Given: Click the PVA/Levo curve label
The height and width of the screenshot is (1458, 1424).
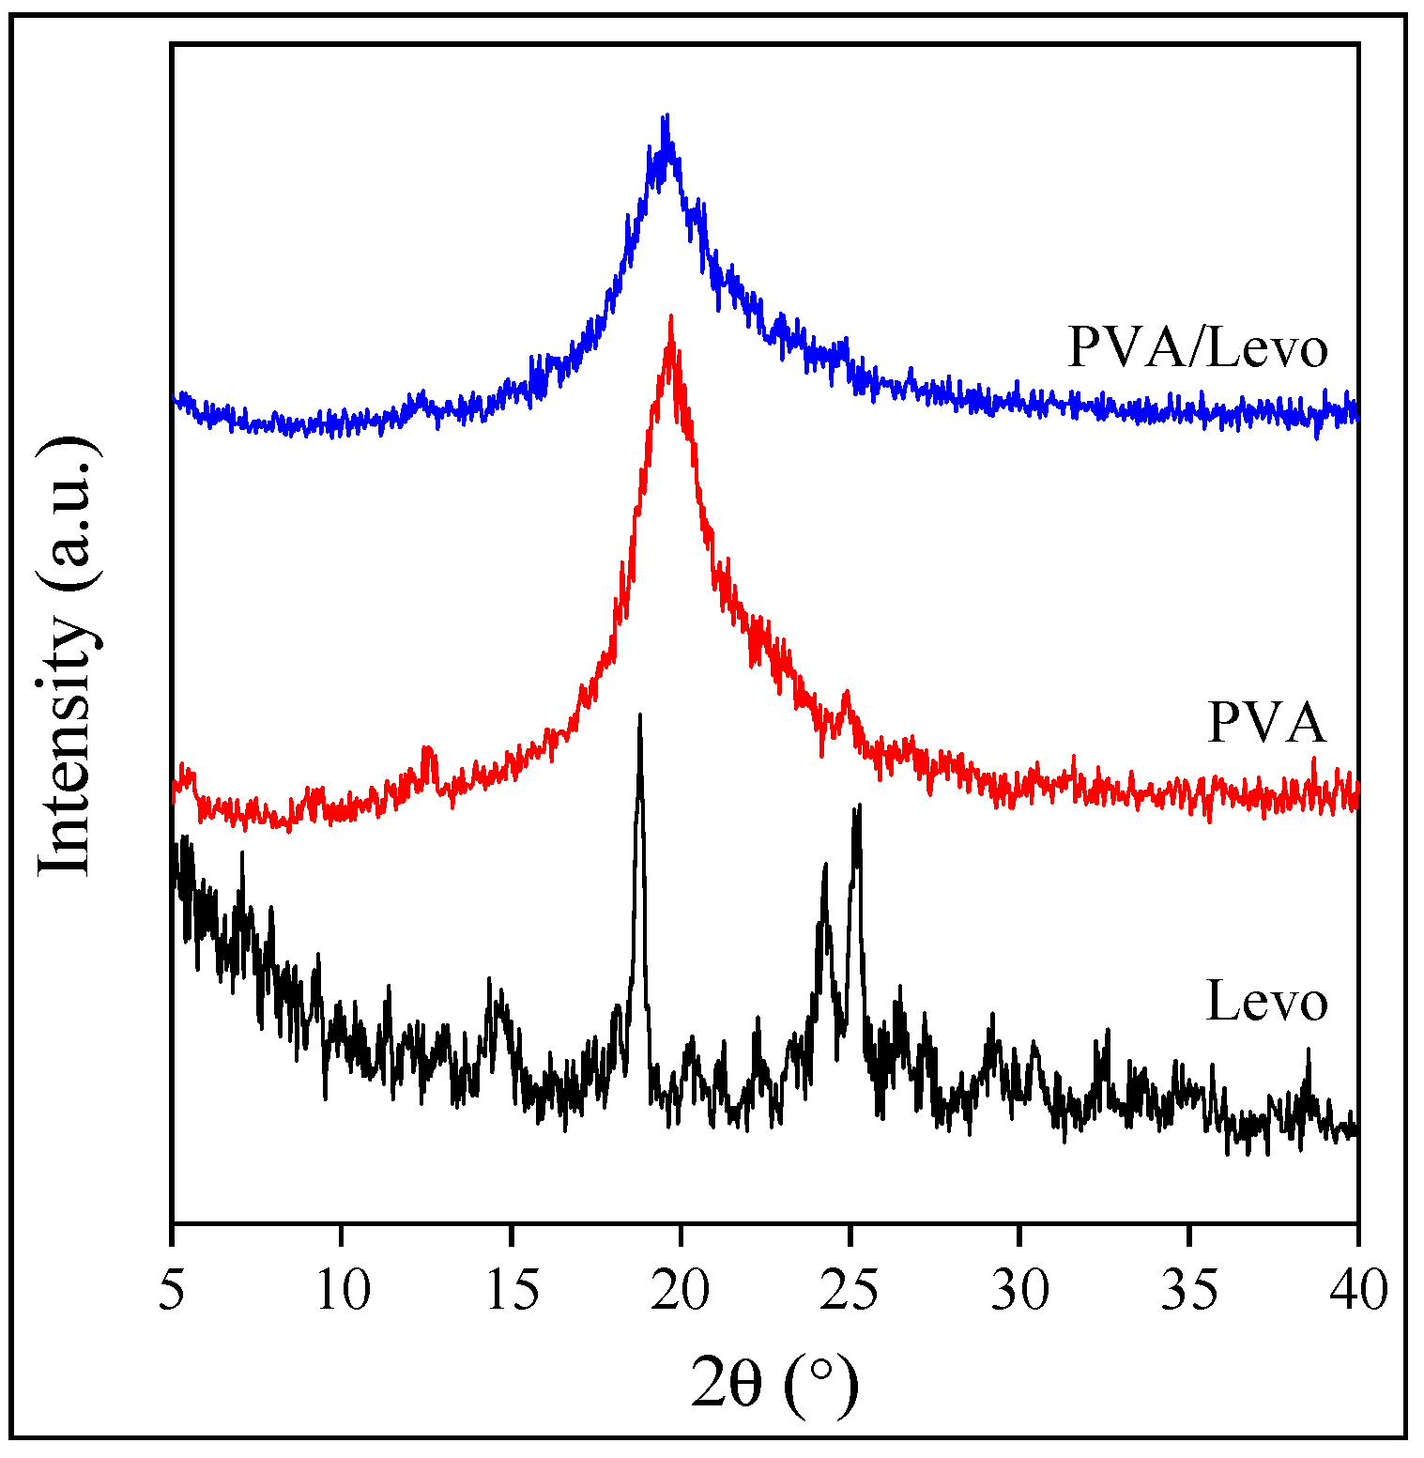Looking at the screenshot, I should [x=1198, y=348].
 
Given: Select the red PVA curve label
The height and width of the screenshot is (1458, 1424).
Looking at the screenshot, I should [x=1266, y=723].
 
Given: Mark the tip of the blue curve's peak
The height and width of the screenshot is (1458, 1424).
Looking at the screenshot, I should [x=666, y=116].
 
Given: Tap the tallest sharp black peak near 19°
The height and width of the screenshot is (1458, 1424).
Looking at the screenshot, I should [x=640, y=715].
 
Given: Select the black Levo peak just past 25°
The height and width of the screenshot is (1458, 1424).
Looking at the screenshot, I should [x=857, y=807].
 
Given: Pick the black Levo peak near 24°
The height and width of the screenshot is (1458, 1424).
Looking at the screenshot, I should [x=825, y=866].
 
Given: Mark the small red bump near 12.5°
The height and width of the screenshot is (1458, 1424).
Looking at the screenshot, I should [x=428, y=749].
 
